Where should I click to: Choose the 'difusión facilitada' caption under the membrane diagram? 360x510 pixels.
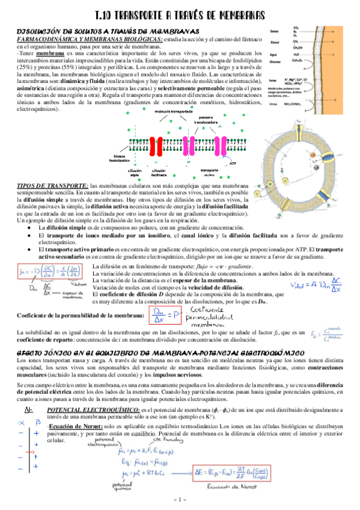point(159,173)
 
